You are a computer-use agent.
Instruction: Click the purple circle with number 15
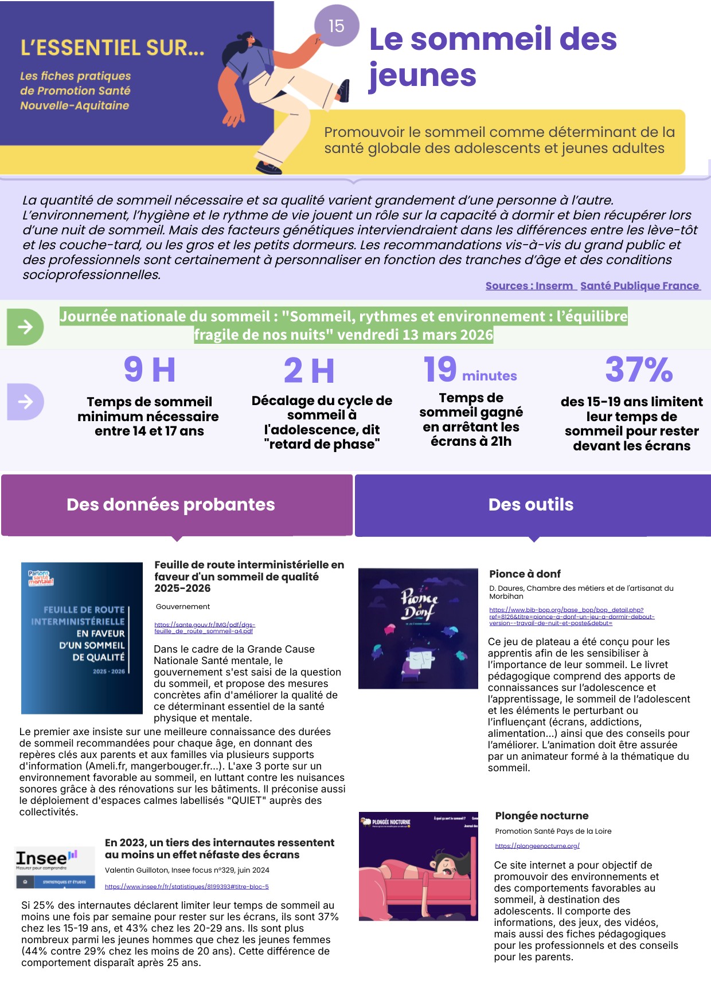tap(337, 26)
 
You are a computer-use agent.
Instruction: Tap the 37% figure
tap(639, 370)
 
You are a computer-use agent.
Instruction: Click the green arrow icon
tap(25, 327)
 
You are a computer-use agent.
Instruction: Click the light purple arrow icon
tap(25, 402)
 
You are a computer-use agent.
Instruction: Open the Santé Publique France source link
tap(639, 286)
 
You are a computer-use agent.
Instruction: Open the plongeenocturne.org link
tap(537, 846)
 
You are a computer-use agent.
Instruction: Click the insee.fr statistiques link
tap(186, 886)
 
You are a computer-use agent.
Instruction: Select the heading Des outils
tap(531, 504)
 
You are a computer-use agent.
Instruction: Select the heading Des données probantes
tap(171, 504)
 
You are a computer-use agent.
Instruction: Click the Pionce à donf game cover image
tap(418, 628)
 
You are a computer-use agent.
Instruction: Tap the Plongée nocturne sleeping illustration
tap(418, 866)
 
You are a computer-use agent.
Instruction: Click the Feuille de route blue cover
tap(82, 638)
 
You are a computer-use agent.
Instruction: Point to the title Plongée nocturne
tap(542, 815)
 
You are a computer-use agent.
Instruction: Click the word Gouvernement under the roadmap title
tap(183, 606)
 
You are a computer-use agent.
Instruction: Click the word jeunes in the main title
tap(423, 75)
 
